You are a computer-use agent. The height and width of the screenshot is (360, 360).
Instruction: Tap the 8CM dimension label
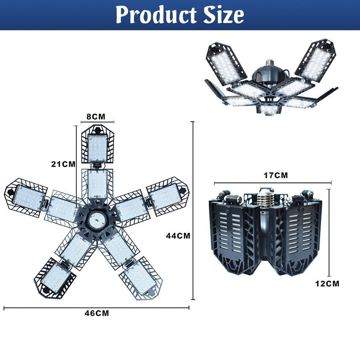pyautogui.click(x=96, y=116)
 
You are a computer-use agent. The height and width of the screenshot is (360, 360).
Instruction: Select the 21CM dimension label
pyautogui.click(x=63, y=164)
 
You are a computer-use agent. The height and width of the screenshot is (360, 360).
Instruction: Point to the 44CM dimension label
pyautogui.click(x=178, y=236)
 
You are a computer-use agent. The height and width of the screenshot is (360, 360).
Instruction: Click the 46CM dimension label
pyautogui.click(x=97, y=313)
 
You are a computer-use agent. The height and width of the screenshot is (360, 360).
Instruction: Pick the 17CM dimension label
pyautogui.click(x=276, y=175)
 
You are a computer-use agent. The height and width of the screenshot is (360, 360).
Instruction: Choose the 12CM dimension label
pyautogui.click(x=327, y=283)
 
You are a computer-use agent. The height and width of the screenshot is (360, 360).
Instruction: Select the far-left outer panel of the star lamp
pyautogui.click(x=27, y=197)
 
